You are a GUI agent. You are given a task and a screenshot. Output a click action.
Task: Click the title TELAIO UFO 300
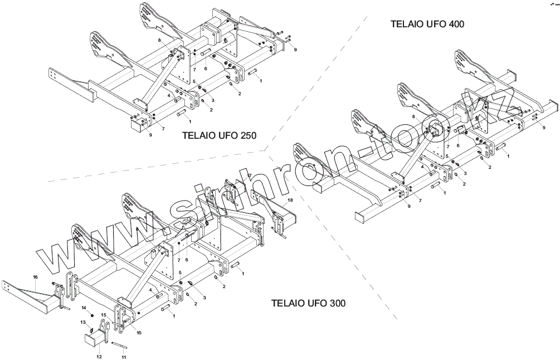tap(309, 304)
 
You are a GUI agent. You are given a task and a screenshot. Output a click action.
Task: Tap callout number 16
tap(35, 277)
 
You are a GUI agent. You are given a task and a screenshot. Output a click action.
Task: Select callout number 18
tap(290, 200)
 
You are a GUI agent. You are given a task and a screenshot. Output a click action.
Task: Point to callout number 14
tap(84, 308)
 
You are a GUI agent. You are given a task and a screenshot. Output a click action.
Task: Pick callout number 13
tap(82, 322)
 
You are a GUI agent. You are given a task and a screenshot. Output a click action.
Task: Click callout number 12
tap(99, 356)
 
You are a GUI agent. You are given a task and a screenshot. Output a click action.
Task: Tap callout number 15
tap(104, 315)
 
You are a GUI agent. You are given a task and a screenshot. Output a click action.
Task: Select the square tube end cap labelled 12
tap(94, 339)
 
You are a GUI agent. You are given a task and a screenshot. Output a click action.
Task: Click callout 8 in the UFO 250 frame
tap(159, 41)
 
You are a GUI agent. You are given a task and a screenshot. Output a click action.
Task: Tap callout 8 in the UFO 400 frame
tap(413, 116)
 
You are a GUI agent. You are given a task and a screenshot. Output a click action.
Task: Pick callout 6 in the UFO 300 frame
tap(187, 260)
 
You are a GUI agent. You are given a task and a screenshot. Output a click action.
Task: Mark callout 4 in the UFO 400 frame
tap(422, 166)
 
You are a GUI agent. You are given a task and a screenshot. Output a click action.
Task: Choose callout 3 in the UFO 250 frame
tap(212, 99)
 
